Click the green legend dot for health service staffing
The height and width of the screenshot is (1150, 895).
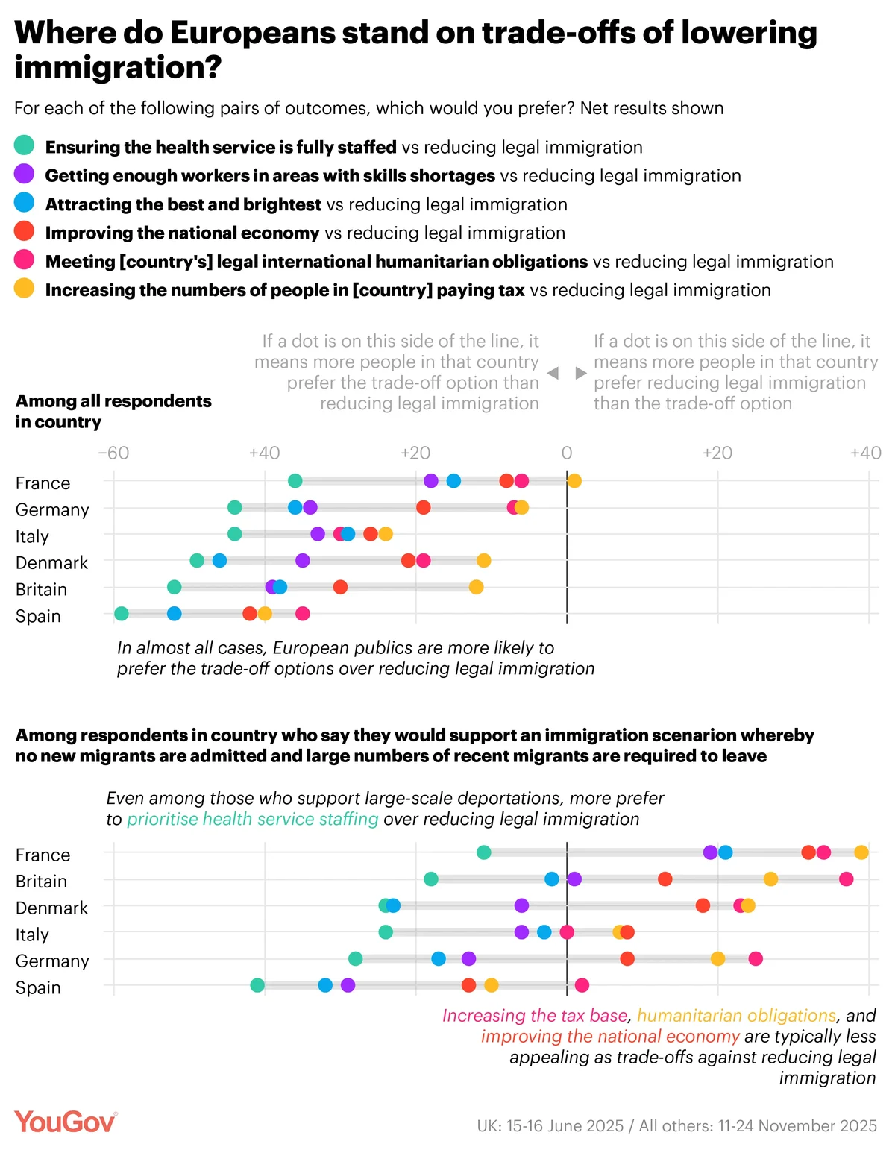[x=24, y=145]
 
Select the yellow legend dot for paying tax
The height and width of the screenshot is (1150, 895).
[x=24, y=289]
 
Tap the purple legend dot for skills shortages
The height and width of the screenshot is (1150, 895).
[x=24, y=174]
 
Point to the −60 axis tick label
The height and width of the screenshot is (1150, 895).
[x=113, y=453]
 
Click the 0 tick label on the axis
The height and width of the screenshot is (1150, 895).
[x=567, y=453]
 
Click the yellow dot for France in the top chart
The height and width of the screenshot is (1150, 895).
[x=574, y=480]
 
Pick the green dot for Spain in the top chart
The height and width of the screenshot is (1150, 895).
[x=122, y=614]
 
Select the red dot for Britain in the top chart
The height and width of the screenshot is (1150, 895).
[x=340, y=587]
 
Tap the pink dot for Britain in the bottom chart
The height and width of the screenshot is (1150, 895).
[x=846, y=879]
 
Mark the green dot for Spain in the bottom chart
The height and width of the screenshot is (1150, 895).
[x=257, y=985]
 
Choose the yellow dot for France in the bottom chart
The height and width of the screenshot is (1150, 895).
[x=861, y=852]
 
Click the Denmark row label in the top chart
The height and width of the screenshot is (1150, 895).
[x=51, y=562]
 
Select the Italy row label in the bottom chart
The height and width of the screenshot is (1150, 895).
[x=32, y=934]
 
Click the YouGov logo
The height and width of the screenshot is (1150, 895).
[x=66, y=1122]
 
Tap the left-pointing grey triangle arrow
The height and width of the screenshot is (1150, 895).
[x=553, y=373]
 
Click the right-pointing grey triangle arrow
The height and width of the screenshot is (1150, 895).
[x=581, y=373]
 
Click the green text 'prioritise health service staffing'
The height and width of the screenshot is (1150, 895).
[x=253, y=819]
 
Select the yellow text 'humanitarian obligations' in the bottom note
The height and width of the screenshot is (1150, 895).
[x=736, y=1016]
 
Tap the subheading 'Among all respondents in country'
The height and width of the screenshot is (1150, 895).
[x=113, y=411]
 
